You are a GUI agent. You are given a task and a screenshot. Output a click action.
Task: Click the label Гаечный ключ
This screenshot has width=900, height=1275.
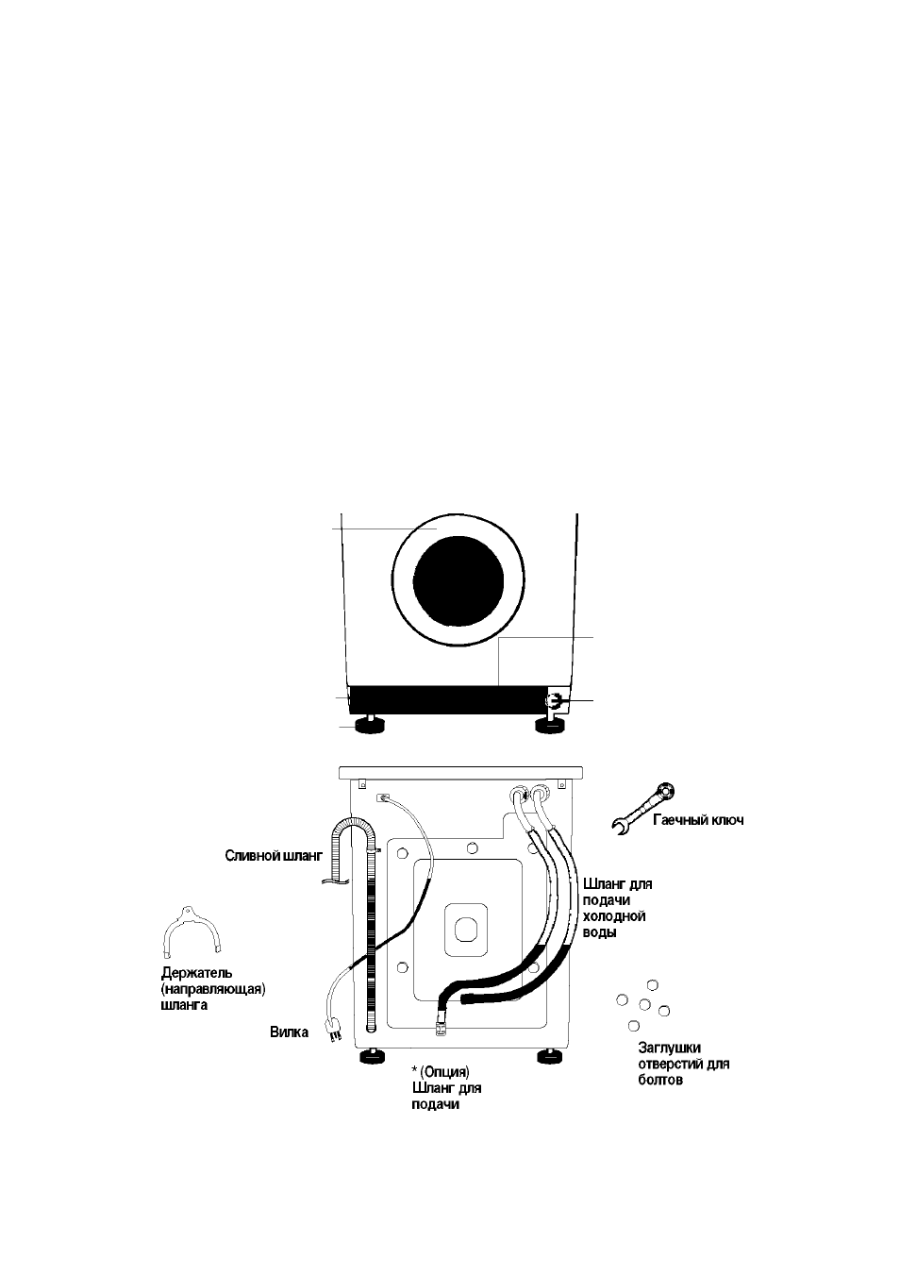pos(697,820)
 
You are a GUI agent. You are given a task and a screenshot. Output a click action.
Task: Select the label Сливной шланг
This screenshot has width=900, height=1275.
pos(274,855)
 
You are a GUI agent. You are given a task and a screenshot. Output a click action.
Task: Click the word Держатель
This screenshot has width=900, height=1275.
pos(196,973)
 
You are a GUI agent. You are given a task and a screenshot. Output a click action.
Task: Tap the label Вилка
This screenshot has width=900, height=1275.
pos(289,1032)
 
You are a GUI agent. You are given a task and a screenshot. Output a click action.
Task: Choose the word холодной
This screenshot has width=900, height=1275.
pos(614,916)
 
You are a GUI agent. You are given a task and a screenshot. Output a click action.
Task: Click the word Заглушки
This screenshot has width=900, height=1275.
pos(669,1048)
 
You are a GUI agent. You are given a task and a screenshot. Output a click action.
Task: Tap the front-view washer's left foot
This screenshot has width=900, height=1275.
pos(370,725)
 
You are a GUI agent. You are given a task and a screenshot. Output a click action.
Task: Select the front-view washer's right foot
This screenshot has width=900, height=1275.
pos(550,725)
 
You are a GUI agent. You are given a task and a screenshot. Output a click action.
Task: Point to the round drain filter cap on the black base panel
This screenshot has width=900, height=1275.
pos(555,699)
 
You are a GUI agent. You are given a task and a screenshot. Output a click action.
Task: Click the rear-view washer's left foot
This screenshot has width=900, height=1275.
pos(373,1056)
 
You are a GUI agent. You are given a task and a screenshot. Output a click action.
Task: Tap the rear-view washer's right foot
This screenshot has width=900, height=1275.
pos(551,1056)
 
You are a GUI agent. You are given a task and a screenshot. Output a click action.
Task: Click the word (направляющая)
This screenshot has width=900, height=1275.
pos(213,989)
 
